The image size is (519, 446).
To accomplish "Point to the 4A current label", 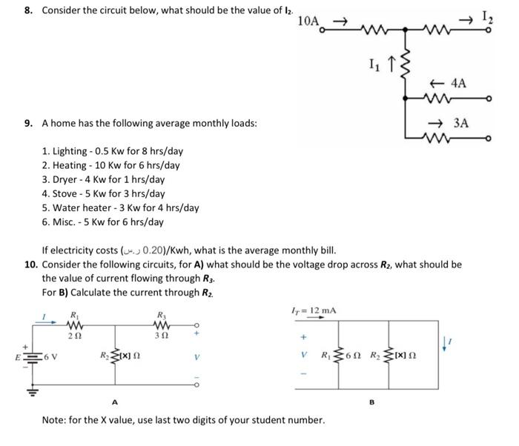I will pyautogui.click(x=457, y=84).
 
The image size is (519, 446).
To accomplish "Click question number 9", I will pyautogui.click(x=27, y=123).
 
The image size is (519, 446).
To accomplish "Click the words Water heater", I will pyautogui.click(x=82, y=208).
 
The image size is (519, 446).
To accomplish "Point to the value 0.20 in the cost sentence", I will pyautogui.click(x=151, y=250).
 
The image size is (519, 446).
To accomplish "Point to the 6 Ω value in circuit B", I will pyautogui.click(x=356, y=353).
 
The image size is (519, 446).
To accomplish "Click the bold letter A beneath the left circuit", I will pyautogui.click(x=113, y=402).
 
